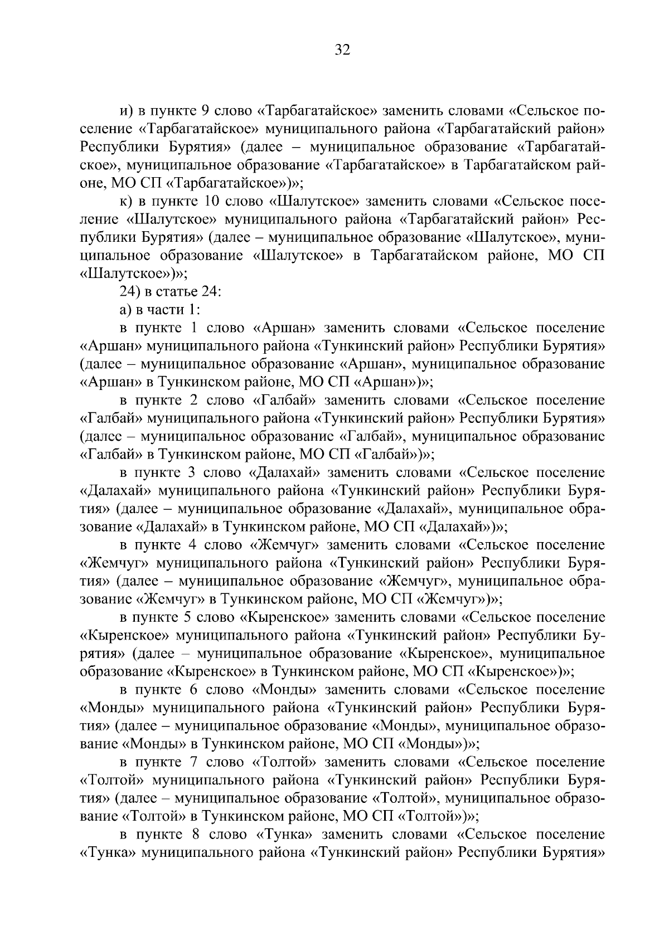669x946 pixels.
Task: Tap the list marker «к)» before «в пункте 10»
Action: point(128,201)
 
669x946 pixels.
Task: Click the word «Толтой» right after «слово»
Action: point(285,763)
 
